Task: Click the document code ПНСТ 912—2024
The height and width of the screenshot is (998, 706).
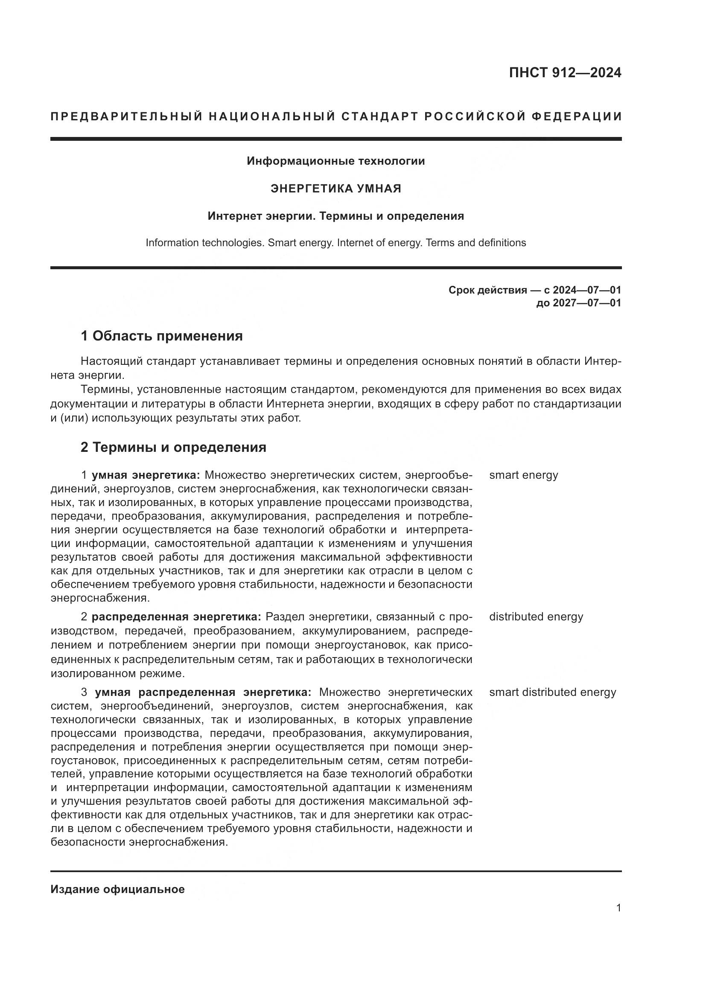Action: (x=565, y=73)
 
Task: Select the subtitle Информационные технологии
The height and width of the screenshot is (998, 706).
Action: (x=335, y=161)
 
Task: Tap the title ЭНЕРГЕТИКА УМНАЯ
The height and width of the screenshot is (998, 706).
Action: (x=335, y=189)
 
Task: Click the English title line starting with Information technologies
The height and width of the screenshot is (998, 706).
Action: (x=335, y=242)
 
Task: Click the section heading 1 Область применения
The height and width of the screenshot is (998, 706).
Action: (x=161, y=336)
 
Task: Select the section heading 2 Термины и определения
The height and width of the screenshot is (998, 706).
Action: (x=173, y=447)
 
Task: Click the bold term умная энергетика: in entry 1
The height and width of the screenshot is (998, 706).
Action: (x=146, y=475)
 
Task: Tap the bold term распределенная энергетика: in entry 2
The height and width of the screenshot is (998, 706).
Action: (x=176, y=617)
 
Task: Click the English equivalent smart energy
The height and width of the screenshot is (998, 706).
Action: (x=523, y=475)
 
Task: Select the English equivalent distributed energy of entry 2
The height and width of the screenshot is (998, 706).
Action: (x=536, y=617)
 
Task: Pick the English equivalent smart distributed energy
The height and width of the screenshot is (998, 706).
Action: (x=552, y=692)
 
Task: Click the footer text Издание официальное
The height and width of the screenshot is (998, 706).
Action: (x=117, y=889)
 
